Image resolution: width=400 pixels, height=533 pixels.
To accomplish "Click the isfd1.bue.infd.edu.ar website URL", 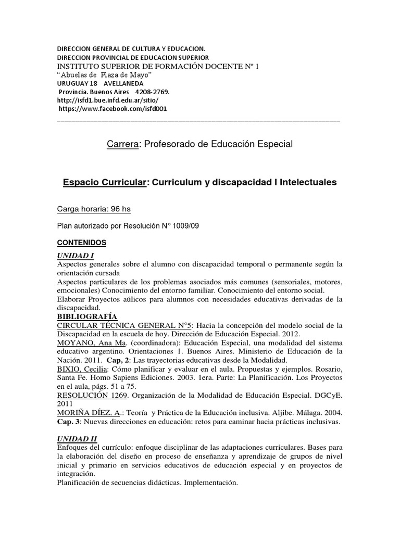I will coord(107,100).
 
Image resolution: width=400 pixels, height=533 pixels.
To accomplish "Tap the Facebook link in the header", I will coord(113,108).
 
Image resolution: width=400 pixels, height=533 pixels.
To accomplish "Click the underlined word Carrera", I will coord(122,144).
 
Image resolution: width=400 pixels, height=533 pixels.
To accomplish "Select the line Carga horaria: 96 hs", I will coord(93,209).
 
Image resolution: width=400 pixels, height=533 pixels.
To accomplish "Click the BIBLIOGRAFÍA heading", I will coord(87,317).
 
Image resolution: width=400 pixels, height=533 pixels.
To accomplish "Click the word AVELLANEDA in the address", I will coord(124,83).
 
